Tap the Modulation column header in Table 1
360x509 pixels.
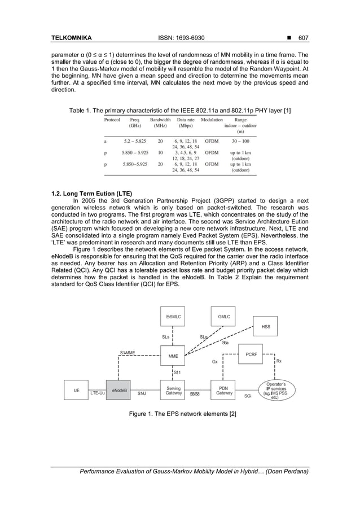pos(212,120)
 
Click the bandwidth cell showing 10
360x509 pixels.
pos(161,152)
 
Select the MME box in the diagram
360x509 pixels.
pos(173,356)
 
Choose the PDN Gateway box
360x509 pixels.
pos(223,390)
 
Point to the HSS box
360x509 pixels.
pos(265,326)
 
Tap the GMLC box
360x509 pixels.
pos(223,318)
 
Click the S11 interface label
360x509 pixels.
pos(177,372)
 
